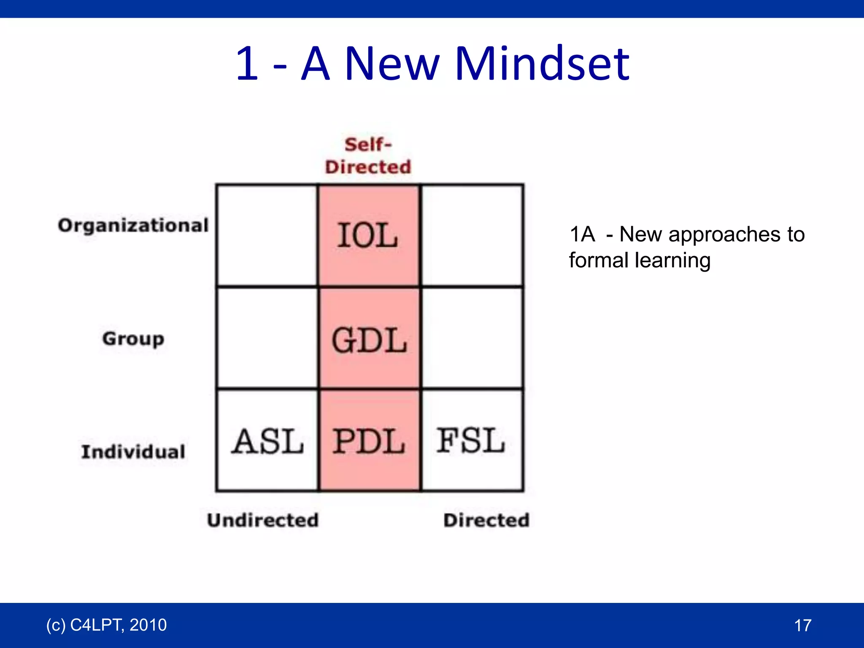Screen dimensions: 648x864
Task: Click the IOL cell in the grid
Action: click(368, 235)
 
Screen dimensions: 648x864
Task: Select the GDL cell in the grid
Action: click(369, 340)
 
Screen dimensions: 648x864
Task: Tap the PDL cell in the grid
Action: click(369, 441)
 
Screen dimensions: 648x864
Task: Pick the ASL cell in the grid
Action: click(267, 441)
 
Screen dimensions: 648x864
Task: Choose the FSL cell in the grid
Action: click(471, 440)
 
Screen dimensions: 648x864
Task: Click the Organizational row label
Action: click(133, 225)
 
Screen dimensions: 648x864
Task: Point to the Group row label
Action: click(133, 339)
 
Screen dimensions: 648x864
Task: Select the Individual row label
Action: click(133, 452)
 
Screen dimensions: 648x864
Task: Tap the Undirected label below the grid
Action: click(262, 520)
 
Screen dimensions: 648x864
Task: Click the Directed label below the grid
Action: click(486, 520)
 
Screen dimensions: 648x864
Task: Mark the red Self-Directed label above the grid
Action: click(368, 156)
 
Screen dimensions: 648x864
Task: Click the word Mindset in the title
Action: click(543, 64)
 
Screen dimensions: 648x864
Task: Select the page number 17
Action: click(802, 625)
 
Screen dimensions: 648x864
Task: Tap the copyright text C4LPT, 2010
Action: click(106, 625)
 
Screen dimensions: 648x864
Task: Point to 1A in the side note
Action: click(582, 234)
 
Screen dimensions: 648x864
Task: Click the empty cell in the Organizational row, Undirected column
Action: click(267, 235)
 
